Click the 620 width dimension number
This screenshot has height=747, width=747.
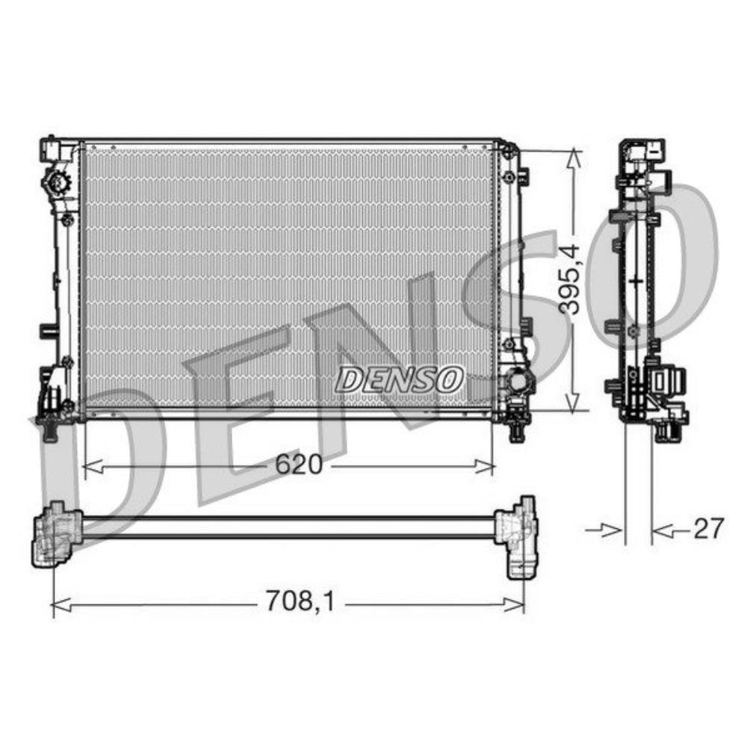(x=298, y=465)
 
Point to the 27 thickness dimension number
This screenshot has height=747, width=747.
(x=708, y=530)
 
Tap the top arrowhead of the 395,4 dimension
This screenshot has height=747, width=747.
(x=573, y=157)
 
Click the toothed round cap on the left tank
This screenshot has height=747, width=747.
(x=55, y=182)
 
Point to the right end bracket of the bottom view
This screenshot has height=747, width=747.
(x=518, y=536)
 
